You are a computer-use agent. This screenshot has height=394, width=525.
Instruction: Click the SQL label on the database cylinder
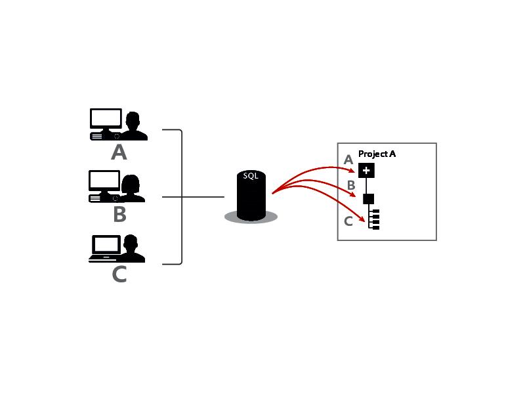click(250, 177)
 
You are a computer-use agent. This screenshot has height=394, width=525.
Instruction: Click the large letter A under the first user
click(119, 153)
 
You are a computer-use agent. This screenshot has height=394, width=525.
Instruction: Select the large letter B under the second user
click(119, 214)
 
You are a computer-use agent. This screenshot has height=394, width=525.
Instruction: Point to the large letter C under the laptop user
click(119, 274)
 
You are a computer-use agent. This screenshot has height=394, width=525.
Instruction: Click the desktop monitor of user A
click(106, 119)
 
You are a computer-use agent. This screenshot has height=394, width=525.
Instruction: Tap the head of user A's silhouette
click(133, 120)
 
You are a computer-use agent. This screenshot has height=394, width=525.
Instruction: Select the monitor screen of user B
click(104, 180)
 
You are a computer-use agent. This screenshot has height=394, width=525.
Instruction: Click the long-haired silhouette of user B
click(132, 186)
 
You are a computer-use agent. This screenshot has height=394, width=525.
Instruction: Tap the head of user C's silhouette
click(133, 244)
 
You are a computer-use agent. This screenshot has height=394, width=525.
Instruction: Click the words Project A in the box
click(377, 154)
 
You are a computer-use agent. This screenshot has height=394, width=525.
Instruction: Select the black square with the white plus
click(366, 171)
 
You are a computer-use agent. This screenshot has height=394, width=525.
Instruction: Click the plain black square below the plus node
click(368, 198)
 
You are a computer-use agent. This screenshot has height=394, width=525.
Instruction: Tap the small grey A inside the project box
click(348, 160)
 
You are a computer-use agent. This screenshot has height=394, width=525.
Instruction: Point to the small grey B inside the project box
click(351, 186)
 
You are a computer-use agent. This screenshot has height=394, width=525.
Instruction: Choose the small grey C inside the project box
click(348, 221)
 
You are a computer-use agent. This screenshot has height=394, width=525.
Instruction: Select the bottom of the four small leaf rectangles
click(376, 227)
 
